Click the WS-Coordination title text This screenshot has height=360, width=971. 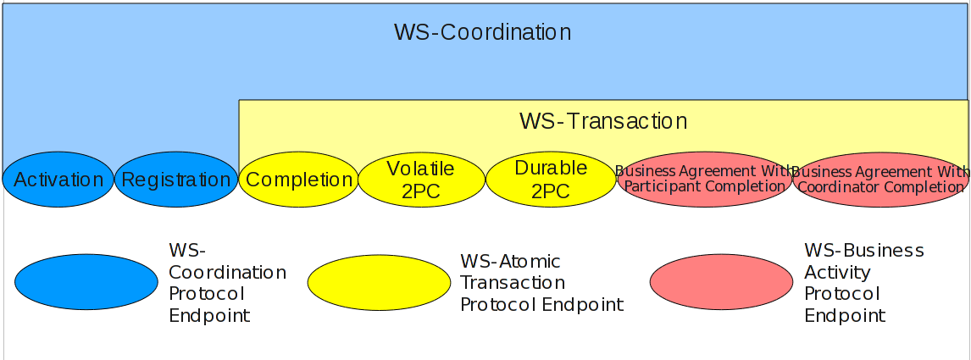[x=482, y=33]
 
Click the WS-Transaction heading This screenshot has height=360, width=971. [x=602, y=121]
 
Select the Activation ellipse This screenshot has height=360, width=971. [x=58, y=180]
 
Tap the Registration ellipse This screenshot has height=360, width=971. [x=176, y=180]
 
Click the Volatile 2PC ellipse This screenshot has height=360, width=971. [x=420, y=180]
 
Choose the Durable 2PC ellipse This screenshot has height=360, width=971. [x=550, y=180]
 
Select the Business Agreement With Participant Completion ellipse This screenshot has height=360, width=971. [x=705, y=180]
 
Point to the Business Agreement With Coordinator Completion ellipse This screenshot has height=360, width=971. [x=880, y=180]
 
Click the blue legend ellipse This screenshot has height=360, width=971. [x=86, y=282]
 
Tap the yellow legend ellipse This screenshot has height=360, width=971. [x=379, y=282]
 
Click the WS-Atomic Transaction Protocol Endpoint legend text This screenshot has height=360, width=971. [x=541, y=283]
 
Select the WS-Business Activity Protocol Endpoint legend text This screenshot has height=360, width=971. [x=863, y=283]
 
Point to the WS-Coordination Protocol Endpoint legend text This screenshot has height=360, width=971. [x=227, y=283]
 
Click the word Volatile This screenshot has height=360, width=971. [x=420, y=169]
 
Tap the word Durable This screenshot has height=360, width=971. [x=551, y=168]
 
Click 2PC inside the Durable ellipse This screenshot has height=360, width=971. [x=550, y=191]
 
